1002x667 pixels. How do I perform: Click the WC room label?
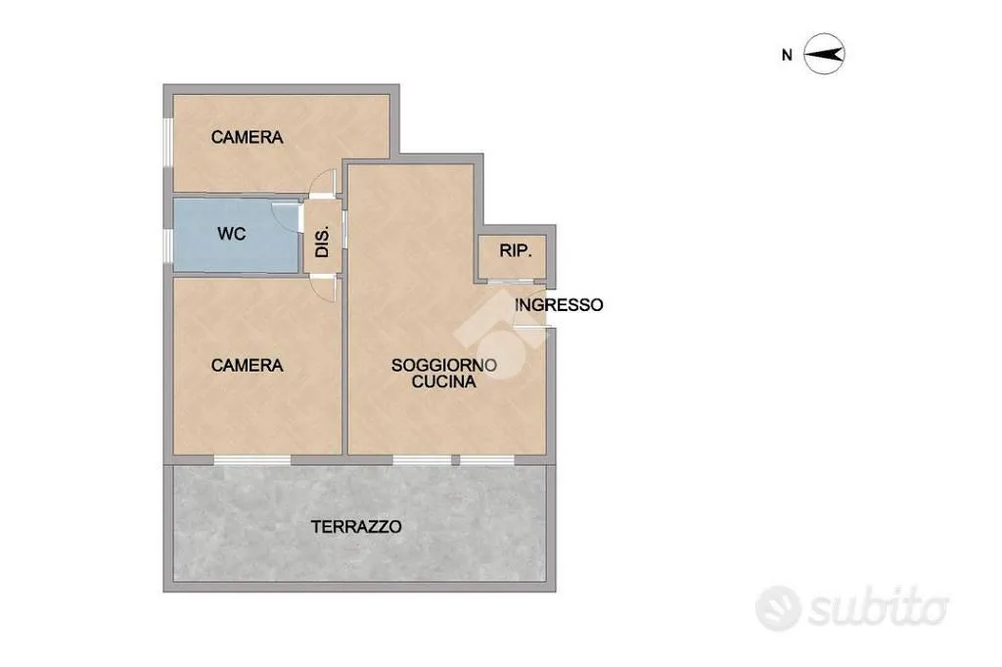(231, 234)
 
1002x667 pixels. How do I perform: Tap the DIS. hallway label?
(323, 242)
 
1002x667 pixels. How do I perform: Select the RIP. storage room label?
(515, 251)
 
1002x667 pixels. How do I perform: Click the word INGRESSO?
(559, 305)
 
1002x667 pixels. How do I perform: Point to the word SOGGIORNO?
(444, 366)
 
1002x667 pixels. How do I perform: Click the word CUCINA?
(444, 382)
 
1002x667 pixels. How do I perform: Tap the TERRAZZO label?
(356, 527)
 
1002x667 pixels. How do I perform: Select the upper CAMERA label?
(248, 137)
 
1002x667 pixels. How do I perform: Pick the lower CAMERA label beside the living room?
(248, 366)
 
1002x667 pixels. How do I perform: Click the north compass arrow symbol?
(824, 55)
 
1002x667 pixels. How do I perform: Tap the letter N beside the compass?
(788, 56)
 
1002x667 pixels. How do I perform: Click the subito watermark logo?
(852, 607)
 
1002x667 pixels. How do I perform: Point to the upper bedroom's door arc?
(323, 181)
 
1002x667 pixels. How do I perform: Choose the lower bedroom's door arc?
(323, 289)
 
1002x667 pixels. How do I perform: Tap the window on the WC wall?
(168, 245)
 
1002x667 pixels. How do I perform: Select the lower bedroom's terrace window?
(252, 460)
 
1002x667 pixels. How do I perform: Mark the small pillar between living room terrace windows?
(456, 460)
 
